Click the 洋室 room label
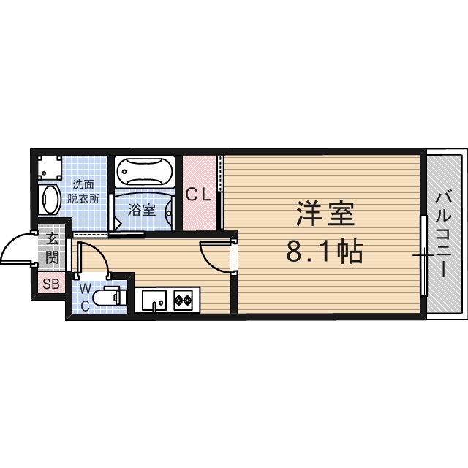(325, 214)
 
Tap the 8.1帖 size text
(325, 252)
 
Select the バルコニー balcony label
(444, 233)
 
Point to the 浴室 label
(142, 210)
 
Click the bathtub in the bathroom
(144, 173)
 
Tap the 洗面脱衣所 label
(84, 192)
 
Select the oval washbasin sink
(49, 200)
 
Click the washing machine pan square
(48, 169)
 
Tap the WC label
(85, 297)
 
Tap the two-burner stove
(182, 298)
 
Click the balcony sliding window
(423, 256)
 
